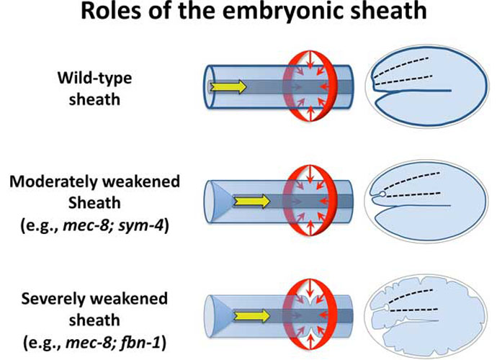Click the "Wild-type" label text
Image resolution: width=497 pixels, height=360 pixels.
95,78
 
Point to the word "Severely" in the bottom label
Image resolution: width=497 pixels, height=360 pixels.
55,300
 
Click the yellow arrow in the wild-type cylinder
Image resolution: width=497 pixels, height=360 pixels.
228,86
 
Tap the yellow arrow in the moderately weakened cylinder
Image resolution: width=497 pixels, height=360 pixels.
251,201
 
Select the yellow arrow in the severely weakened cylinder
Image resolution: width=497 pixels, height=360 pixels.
251,316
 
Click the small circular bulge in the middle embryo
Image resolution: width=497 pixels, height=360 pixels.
382,194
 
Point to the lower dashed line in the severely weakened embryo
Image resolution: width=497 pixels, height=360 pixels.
414,310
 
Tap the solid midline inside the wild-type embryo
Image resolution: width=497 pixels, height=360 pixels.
413,91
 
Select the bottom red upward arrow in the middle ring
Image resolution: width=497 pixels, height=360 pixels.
310,228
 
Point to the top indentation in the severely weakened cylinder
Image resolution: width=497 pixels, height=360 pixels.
310,299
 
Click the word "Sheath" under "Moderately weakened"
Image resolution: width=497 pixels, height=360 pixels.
94,203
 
